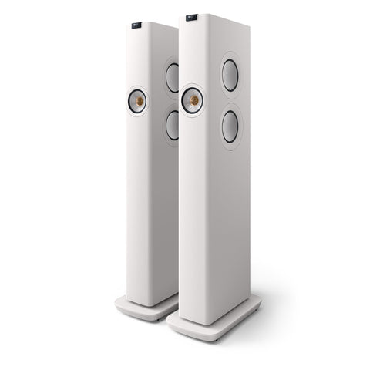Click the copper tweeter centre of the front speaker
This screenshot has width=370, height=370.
(x=193, y=100)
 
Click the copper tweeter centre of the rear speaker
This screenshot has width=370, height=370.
(x=138, y=100)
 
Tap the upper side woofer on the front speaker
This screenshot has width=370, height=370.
(x=230, y=76)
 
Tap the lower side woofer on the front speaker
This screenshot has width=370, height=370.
(x=230, y=126)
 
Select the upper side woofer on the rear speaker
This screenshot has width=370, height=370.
(x=173, y=77)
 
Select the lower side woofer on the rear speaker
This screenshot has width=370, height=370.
(x=173, y=125)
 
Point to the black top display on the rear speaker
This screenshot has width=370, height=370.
(x=136, y=25)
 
